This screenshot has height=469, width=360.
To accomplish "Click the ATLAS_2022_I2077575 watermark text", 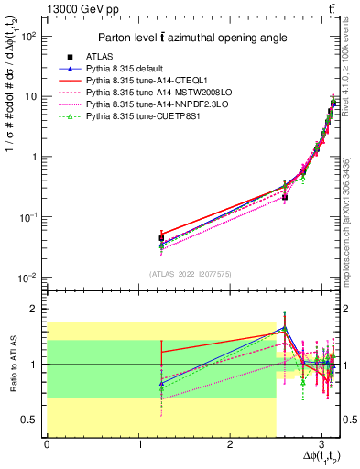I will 190,274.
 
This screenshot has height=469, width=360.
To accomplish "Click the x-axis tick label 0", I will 47,444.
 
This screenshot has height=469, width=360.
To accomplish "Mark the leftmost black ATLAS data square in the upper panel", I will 161,238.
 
